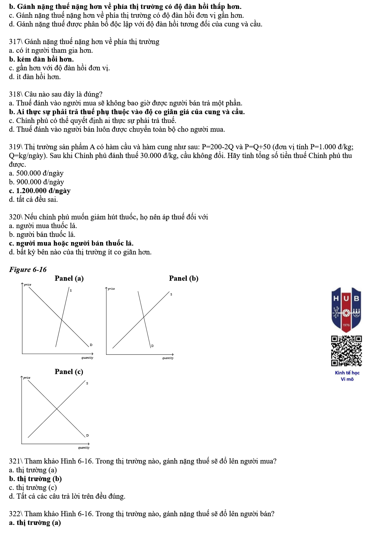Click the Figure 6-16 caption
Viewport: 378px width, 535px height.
coord(28,270)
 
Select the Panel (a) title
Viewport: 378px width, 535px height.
coord(69,279)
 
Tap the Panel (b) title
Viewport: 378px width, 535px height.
coord(184,279)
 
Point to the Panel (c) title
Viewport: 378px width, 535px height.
coord(69,372)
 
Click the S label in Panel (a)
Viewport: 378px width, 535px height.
coord(71,290)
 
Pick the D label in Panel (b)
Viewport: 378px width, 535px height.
coord(152,346)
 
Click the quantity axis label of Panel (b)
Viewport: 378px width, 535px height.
coord(168,358)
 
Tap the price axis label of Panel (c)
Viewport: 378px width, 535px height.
coord(27,378)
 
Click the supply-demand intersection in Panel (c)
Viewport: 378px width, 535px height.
coord(57,409)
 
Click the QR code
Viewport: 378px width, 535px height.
coord(346,351)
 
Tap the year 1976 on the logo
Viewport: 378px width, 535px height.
coord(346,325)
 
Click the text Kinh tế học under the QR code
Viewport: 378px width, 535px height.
coord(347,373)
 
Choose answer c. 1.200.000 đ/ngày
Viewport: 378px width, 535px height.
coord(40,191)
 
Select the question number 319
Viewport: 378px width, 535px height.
coord(15,147)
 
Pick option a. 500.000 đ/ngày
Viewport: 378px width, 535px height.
coord(36,173)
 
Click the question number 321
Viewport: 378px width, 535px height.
coord(15,461)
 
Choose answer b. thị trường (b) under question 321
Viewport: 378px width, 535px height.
coord(35,479)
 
